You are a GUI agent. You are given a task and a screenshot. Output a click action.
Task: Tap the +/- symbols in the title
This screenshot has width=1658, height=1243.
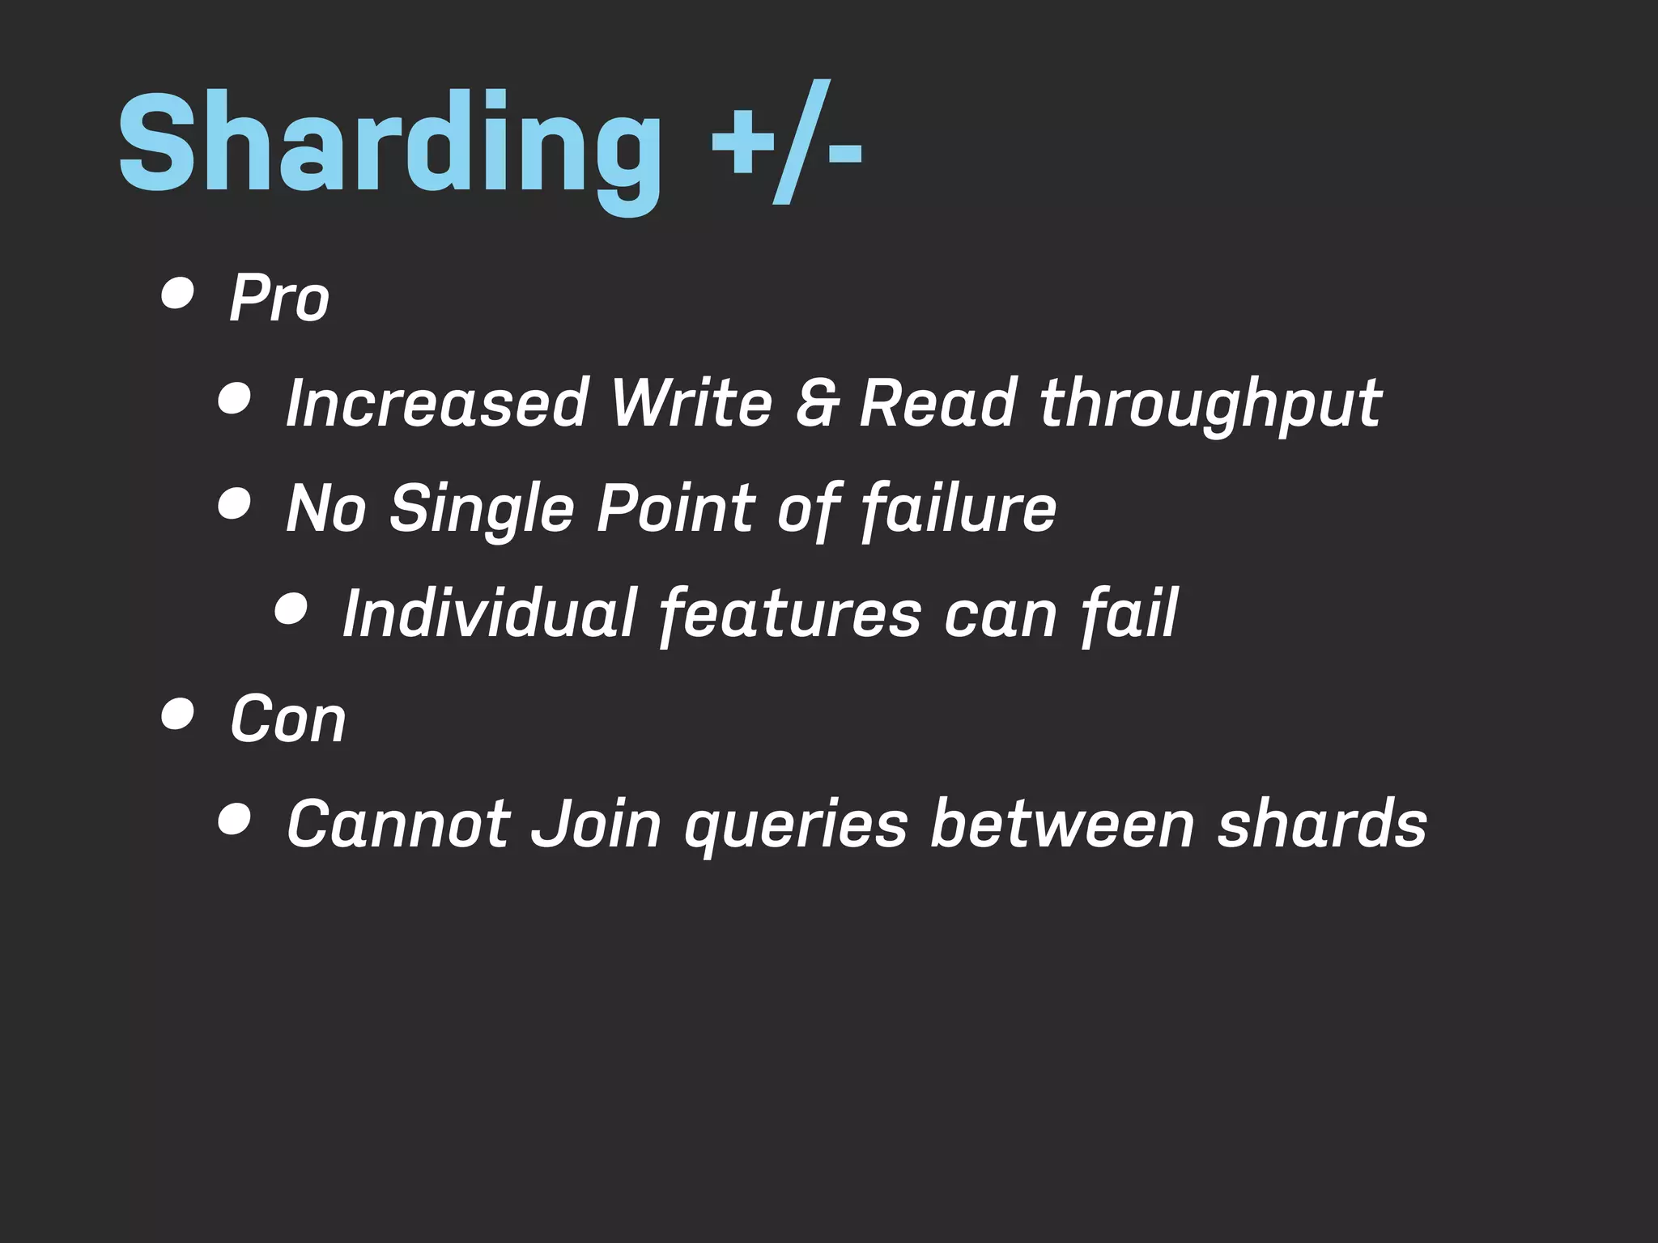pos(785,146)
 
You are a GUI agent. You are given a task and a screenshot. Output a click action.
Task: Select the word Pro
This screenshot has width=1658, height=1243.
pos(279,298)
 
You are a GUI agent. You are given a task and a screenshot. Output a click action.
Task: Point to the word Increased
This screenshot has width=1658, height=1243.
pos(436,402)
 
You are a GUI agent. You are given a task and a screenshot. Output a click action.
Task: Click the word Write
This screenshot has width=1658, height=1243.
pos(691,402)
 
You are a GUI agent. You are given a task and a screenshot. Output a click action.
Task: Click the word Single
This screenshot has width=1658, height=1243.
pos(481,508)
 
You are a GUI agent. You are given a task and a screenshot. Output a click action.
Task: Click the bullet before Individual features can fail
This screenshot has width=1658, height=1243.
pos(291,609)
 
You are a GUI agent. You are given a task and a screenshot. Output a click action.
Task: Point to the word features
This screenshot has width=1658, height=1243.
pos(790,613)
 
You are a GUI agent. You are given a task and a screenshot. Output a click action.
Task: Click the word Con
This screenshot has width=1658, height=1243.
pos(287,719)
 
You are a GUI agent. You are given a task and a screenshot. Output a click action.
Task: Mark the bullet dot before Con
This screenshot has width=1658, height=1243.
pos(177,714)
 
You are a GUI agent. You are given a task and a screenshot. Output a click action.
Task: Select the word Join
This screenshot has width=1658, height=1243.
pos(596,824)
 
